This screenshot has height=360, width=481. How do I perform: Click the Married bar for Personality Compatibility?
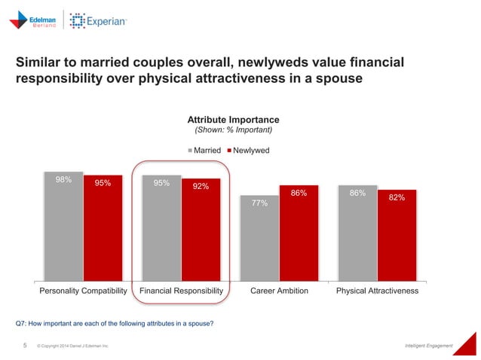click(x=63, y=226)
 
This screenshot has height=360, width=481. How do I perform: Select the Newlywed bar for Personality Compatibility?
click(x=103, y=228)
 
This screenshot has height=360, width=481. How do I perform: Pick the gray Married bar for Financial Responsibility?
click(x=161, y=227)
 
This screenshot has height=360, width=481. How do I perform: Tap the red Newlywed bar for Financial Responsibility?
click(x=201, y=230)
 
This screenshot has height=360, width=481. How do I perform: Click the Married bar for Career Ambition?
click(x=259, y=238)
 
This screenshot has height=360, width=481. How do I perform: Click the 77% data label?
click(x=260, y=203)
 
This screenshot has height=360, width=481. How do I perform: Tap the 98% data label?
click(x=63, y=180)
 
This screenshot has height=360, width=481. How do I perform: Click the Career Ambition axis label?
click(x=279, y=291)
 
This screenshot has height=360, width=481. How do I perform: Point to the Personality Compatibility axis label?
click(x=83, y=291)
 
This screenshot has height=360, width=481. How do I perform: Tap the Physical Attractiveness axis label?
click(x=377, y=291)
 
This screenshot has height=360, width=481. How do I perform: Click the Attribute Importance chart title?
click(x=233, y=120)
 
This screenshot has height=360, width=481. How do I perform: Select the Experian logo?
click(x=99, y=22)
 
